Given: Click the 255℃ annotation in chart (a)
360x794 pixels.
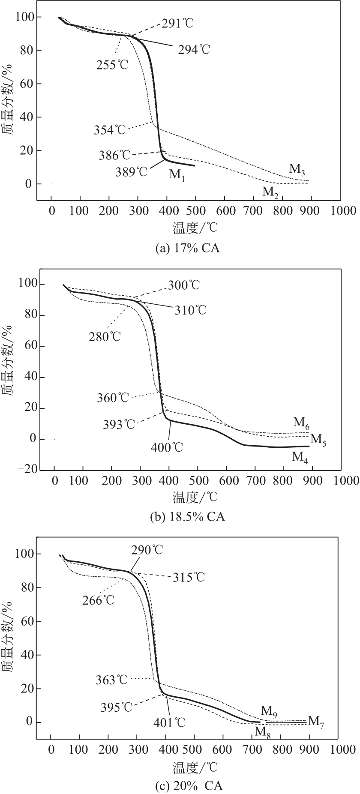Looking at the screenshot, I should [112, 65].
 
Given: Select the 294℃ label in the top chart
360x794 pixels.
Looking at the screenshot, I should [194, 50].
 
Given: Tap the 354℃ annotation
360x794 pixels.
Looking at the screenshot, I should [110, 129].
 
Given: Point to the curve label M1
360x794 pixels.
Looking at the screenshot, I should [177, 175].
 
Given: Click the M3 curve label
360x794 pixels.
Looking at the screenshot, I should [297, 169].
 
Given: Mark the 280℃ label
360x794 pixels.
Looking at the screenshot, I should [105, 336].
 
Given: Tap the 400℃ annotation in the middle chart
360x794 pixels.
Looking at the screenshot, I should [167, 447].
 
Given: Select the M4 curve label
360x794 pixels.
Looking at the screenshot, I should [300, 457].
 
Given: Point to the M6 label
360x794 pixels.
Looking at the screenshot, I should [302, 422].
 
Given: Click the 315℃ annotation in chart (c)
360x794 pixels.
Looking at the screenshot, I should [189, 577].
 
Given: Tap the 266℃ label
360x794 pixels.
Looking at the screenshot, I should [99, 600].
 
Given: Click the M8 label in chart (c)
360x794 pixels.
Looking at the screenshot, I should [262, 731].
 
